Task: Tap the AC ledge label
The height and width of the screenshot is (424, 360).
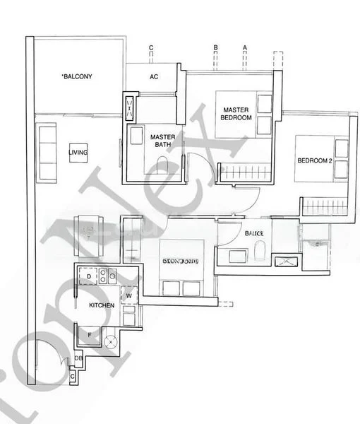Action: [153, 78]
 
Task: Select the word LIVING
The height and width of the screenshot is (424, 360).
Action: [78, 151]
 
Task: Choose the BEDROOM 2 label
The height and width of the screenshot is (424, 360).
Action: [314, 161]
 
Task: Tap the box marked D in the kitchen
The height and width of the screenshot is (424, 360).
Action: [88, 276]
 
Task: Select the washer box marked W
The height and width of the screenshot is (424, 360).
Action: [129, 296]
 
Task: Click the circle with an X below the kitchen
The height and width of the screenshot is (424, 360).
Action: [111, 342]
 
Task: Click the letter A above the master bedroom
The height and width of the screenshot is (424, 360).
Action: [244, 48]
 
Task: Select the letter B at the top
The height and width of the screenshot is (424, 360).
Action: [215, 48]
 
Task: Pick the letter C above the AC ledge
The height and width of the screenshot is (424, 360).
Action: [151, 48]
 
